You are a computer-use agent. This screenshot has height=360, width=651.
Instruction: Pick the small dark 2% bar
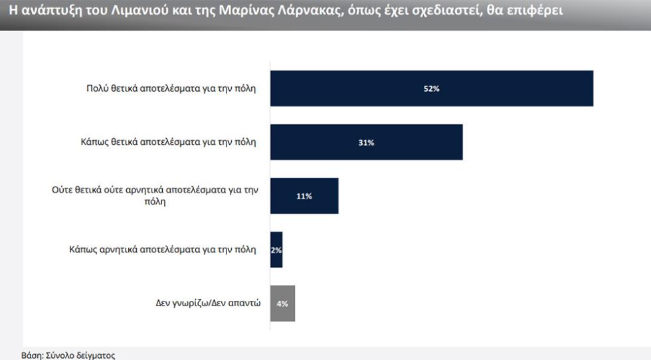[x=276, y=250]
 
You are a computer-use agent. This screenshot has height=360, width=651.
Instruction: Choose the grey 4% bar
[x=282, y=304]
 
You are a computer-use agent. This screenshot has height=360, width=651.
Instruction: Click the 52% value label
[x=431, y=89]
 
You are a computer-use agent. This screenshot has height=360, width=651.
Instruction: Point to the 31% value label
[x=366, y=143]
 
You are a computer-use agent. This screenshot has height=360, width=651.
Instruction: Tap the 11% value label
[x=304, y=197]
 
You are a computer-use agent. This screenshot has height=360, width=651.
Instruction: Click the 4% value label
[x=282, y=304]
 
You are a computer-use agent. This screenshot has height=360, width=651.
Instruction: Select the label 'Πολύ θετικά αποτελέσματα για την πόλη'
[x=171, y=88]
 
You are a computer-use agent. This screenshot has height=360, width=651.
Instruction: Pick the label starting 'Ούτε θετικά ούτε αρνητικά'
[x=155, y=195]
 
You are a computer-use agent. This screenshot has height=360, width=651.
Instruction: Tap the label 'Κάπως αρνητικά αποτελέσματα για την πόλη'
[x=162, y=250]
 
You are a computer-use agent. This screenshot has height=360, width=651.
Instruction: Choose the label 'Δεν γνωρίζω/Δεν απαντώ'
[x=203, y=304]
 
